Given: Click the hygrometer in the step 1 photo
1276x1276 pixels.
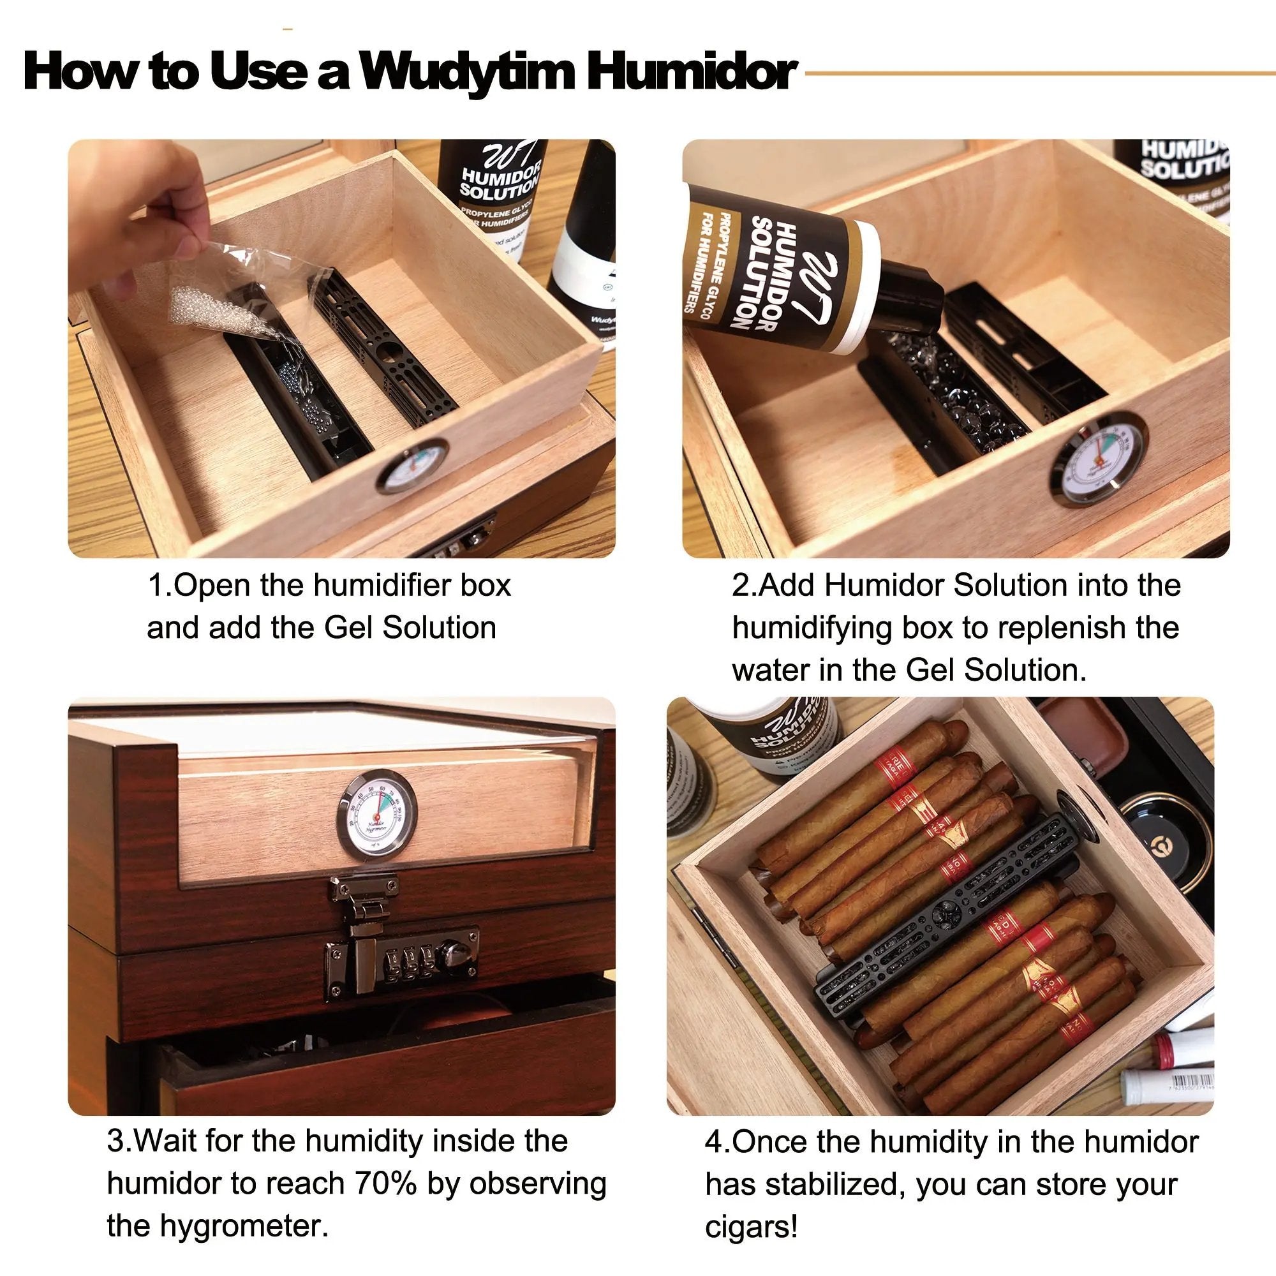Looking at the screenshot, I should tap(412, 466).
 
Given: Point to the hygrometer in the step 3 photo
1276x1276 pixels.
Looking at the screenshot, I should tap(377, 813).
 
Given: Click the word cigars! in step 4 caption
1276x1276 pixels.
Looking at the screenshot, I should tap(752, 1227).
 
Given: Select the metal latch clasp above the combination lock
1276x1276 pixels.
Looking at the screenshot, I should tap(363, 897).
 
